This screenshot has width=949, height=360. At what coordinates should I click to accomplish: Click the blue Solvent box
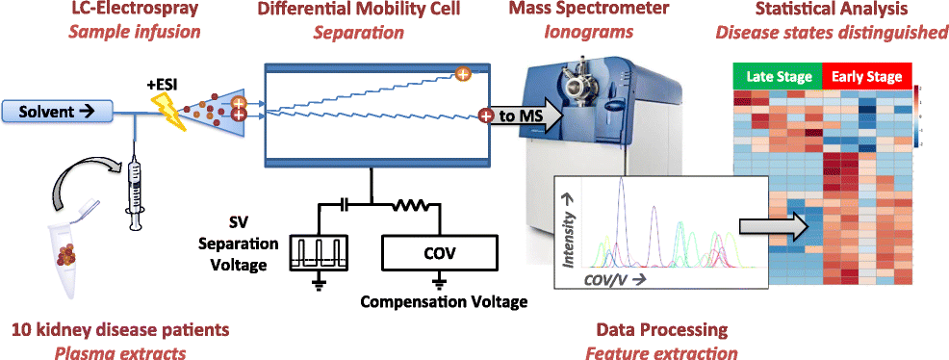55,111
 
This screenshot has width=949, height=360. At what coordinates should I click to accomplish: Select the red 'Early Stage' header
862,76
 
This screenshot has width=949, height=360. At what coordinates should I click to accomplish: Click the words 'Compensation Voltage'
444,302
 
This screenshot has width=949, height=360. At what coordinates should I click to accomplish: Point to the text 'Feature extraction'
661,352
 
